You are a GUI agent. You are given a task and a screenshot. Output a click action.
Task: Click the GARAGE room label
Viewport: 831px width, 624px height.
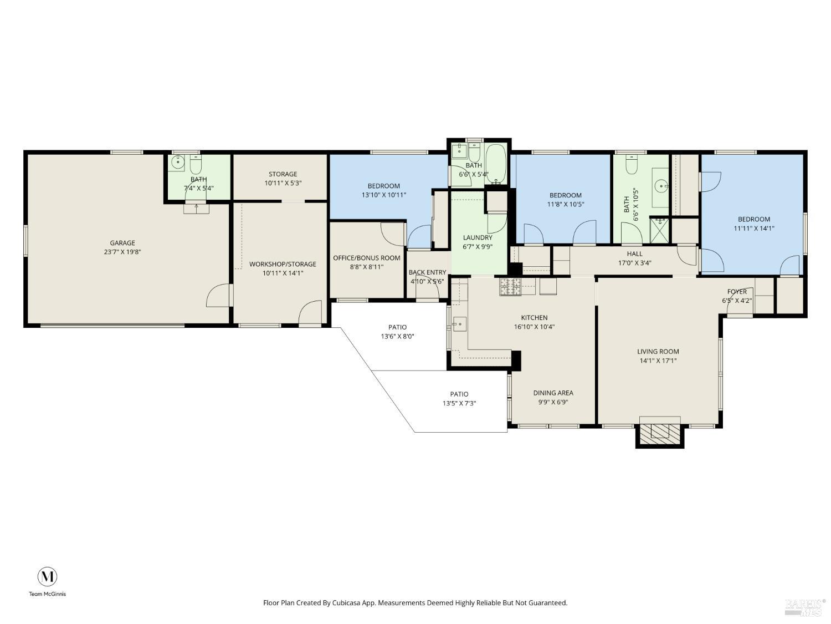[122, 243]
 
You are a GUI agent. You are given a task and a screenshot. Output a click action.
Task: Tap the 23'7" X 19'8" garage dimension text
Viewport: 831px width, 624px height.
[122, 252]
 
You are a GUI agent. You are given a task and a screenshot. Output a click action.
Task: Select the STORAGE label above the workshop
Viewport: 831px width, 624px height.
[283, 174]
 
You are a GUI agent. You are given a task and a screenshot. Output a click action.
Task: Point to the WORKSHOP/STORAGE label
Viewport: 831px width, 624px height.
[283, 264]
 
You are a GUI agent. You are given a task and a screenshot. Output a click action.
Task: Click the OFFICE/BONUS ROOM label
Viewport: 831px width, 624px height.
[366, 258]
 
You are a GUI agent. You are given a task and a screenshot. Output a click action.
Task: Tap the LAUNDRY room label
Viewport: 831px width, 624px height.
[478, 238]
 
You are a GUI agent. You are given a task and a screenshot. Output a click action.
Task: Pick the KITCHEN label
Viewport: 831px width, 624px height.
[534, 318]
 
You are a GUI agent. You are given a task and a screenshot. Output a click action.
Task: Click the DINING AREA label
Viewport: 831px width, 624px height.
[553, 393]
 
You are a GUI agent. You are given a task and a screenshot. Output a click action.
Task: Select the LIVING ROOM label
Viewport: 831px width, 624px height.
[658, 352]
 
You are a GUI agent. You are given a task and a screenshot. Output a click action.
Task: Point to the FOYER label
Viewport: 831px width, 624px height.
[737, 292]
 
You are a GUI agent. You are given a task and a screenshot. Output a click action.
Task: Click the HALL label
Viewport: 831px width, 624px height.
[634, 254]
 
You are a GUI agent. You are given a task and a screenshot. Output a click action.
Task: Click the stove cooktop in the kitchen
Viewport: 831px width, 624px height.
[510, 287]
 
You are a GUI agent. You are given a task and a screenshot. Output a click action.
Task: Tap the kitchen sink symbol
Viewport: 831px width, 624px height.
[459, 324]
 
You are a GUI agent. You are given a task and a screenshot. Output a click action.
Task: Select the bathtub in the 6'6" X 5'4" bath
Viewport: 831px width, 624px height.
[496, 164]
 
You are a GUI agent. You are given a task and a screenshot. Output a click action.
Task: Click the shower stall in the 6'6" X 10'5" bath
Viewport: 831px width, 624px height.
[659, 231]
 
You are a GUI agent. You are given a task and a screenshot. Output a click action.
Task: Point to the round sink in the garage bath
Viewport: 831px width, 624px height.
[178, 163]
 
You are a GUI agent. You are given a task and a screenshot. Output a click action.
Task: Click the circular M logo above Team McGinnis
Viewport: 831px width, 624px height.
[47, 577]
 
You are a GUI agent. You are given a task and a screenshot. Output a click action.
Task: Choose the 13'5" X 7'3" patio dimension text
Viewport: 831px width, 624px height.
[459, 403]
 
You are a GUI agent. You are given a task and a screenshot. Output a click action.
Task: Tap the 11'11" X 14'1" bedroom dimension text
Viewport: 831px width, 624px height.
[753, 228]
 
